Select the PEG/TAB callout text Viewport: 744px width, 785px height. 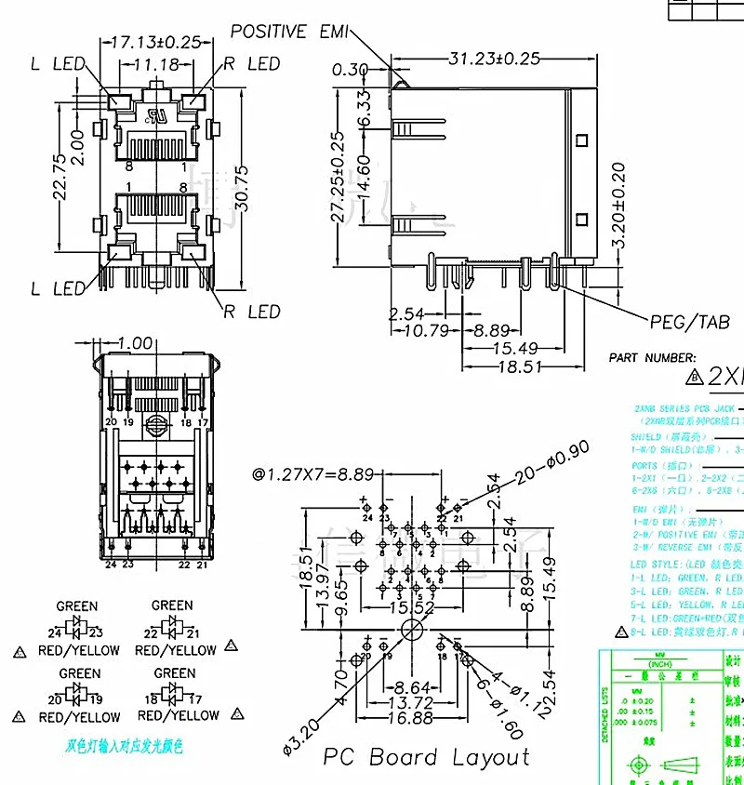[x=689, y=322]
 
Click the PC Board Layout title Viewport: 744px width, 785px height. [x=425, y=757]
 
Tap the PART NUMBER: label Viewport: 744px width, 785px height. [x=652, y=357]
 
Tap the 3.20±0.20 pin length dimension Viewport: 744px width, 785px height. [x=618, y=205]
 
